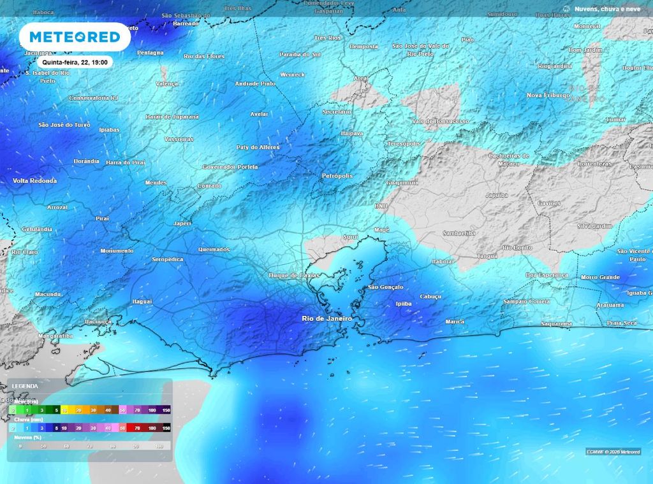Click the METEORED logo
[x=75, y=37]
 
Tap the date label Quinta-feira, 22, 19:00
[x=75, y=62]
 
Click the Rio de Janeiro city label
[x=326, y=318]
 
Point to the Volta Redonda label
[x=35, y=181]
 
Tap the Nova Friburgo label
[x=548, y=95]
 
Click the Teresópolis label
[x=404, y=144]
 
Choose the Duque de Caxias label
[x=293, y=275]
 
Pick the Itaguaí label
[x=142, y=301]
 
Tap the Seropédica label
[x=168, y=259]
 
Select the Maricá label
[x=455, y=322]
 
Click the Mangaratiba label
[x=56, y=336]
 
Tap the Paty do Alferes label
[x=258, y=147]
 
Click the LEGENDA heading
[x=24, y=386]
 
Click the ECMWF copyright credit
[x=613, y=452]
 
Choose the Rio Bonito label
[x=517, y=247]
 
